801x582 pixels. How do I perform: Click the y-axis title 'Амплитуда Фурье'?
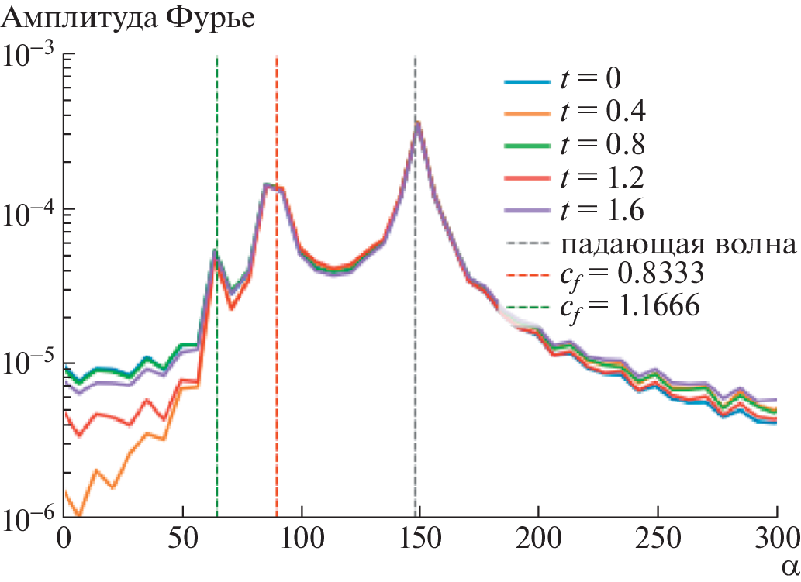129,18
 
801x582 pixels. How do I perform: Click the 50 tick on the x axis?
182,536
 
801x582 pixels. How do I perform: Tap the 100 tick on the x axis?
301,536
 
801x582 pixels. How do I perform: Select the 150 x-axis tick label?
419,536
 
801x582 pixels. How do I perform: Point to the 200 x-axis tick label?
538,536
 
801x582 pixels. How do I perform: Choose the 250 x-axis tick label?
658,536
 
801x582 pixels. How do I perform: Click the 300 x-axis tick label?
775,536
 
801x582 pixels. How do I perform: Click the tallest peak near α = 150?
417,123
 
